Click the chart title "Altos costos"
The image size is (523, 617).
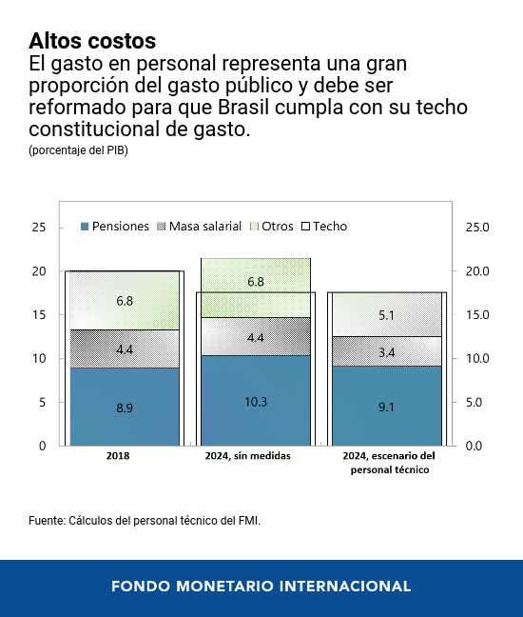(x=92, y=41)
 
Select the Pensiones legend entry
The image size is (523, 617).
(x=114, y=227)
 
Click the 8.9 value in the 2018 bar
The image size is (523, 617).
(x=125, y=407)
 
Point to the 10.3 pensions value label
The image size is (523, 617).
(x=256, y=401)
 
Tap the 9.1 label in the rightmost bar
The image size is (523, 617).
(x=387, y=407)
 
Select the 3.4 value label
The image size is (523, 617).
(x=387, y=352)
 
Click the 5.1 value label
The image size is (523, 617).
(x=387, y=314)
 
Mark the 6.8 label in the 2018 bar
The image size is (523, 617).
(x=125, y=301)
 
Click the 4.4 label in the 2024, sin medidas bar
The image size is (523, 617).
(x=256, y=338)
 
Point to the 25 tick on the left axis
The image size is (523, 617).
(x=39, y=228)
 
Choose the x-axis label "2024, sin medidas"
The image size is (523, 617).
(x=248, y=457)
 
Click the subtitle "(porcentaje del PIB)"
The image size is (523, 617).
(x=78, y=151)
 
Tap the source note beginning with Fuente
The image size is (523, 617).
(x=144, y=521)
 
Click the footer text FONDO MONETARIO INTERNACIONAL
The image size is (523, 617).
(x=261, y=587)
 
